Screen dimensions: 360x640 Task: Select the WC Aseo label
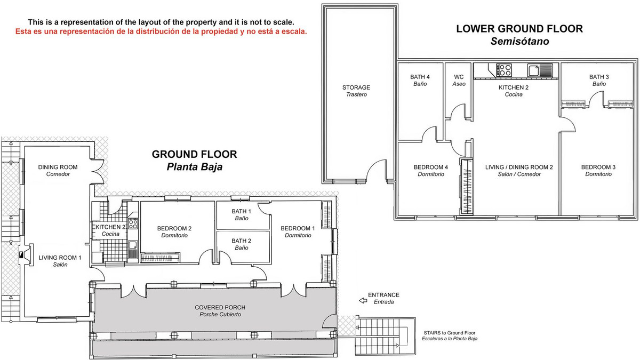tap(459, 80)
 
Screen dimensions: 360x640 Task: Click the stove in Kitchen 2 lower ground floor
tap(505, 69)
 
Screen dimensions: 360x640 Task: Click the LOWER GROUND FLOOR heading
tap(519, 29)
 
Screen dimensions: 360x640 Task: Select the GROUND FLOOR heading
tap(194, 155)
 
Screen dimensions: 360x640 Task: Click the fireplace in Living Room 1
tap(23, 255)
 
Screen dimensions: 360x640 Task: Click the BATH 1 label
tap(241, 212)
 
